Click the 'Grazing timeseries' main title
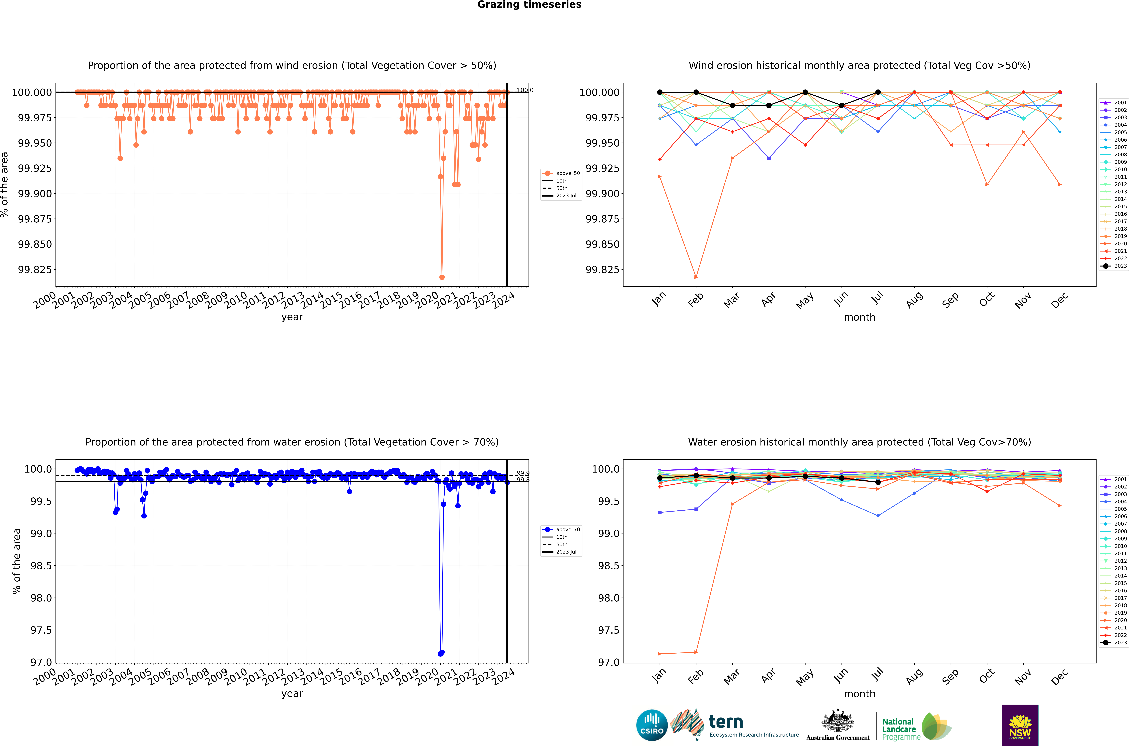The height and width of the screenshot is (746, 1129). (529, 5)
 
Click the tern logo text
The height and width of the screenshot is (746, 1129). (726, 722)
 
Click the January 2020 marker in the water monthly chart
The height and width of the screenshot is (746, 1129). (659, 654)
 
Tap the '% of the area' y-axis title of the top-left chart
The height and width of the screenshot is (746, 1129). (5, 185)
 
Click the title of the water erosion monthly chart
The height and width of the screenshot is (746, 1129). (859, 442)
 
